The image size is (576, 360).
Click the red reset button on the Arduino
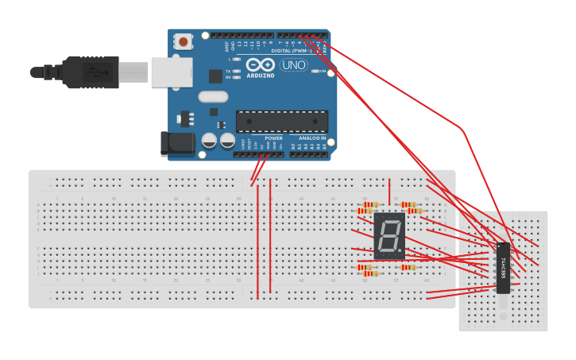coord(184,41)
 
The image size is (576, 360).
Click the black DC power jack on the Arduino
coord(177,143)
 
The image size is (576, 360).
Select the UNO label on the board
coord(293,65)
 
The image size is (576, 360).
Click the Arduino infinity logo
coord(260,65)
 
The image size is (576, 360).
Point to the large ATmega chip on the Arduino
coord(281,122)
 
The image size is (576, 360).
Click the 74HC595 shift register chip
coord(503,267)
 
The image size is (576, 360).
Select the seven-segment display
coord(389,236)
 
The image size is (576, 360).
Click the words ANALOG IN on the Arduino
coord(312,138)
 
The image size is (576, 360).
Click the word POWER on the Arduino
coord(273,138)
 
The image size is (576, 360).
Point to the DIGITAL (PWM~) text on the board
coord(293,50)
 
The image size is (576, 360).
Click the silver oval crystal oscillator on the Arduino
coord(213,97)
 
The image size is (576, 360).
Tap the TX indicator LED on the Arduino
coord(237,71)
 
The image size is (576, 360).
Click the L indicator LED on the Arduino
coord(237,60)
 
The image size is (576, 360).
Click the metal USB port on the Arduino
coord(172,72)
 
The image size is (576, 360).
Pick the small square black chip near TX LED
coord(215,76)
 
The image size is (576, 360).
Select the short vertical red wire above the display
coord(389,192)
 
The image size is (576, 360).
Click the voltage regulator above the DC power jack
coord(187,118)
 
